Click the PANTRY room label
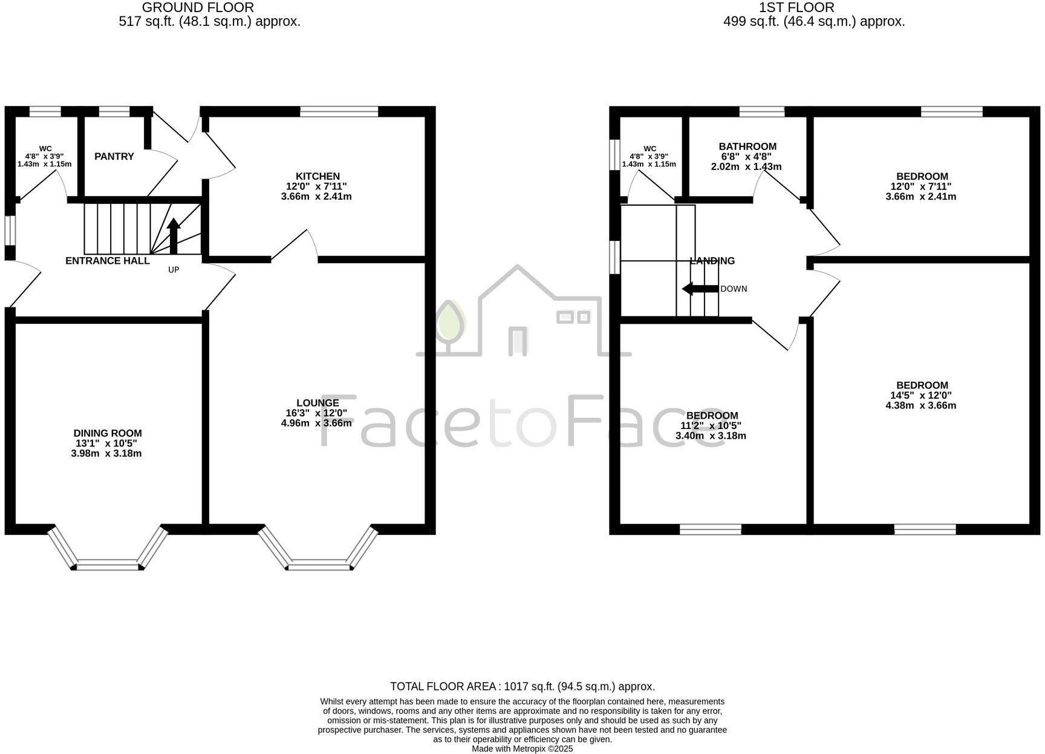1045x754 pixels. (114, 157)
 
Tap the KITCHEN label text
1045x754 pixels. (317, 176)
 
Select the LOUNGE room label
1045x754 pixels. (317, 403)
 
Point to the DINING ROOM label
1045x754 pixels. (108, 433)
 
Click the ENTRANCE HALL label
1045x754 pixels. (108, 261)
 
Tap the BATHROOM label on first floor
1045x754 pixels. (747, 146)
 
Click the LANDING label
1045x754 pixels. (712, 261)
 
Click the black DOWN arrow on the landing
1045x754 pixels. (700, 289)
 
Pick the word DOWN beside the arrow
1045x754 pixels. (734, 289)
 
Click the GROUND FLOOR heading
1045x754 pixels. (198, 8)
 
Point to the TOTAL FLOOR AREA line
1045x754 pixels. (522, 687)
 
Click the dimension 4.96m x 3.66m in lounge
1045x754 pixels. (316, 423)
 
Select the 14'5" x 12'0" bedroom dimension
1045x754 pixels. (921, 395)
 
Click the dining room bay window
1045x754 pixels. (108, 566)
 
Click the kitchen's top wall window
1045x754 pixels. (339, 111)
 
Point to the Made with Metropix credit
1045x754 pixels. (522, 749)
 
